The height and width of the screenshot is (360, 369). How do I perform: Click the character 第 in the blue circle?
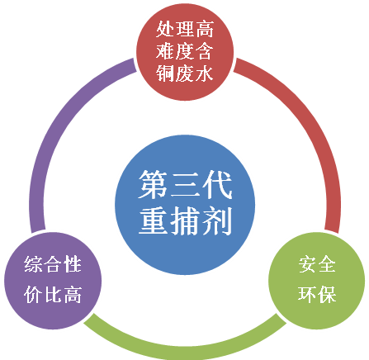coord(153,184)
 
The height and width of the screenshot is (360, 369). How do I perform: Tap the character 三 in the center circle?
coord(185,184)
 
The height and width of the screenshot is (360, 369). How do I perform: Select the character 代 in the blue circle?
coord(217,184)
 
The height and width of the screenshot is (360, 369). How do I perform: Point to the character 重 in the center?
coord(153,220)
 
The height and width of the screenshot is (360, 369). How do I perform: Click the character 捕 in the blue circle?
coord(185,220)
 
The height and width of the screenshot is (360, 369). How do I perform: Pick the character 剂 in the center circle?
coord(217,220)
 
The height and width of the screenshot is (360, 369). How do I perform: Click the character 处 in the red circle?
coord(165,29)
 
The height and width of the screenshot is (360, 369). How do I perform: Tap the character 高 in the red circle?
coord(204,29)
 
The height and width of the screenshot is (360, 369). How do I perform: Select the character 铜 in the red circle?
coord(165,73)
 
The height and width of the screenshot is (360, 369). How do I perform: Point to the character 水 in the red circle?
coord(204,73)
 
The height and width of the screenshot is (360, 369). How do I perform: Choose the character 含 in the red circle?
coord(204,51)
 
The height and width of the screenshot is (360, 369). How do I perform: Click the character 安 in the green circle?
coord(307,264)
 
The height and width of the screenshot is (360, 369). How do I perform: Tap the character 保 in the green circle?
coord(327,294)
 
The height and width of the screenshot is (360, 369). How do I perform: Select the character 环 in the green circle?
coord(307,294)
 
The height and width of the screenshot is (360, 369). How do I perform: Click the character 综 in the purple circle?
coord(33,264)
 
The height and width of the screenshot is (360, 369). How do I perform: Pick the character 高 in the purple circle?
coord(73,294)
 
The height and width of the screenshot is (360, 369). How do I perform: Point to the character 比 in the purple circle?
coord(53,294)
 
